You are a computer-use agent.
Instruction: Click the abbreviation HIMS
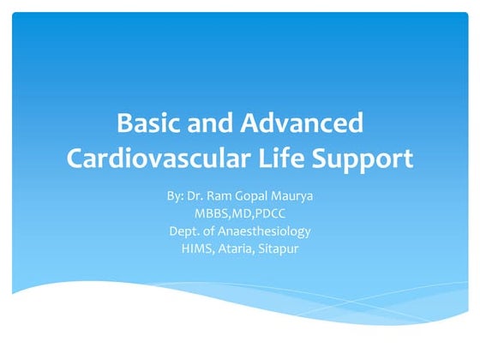point(196,248)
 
